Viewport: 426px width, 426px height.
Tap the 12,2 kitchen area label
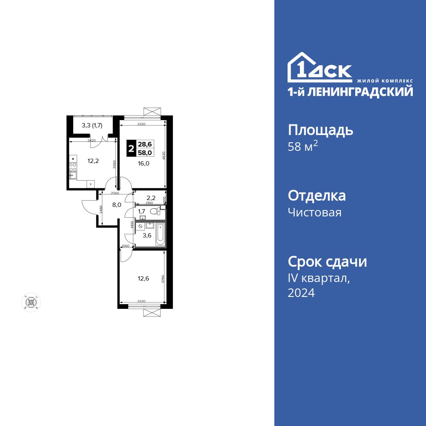coord(93,161)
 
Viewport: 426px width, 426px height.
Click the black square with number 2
coord(132,149)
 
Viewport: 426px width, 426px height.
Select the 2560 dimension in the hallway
coord(115,193)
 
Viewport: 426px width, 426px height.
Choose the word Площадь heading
coord(320,130)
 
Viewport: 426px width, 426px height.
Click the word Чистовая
coord(314,212)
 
